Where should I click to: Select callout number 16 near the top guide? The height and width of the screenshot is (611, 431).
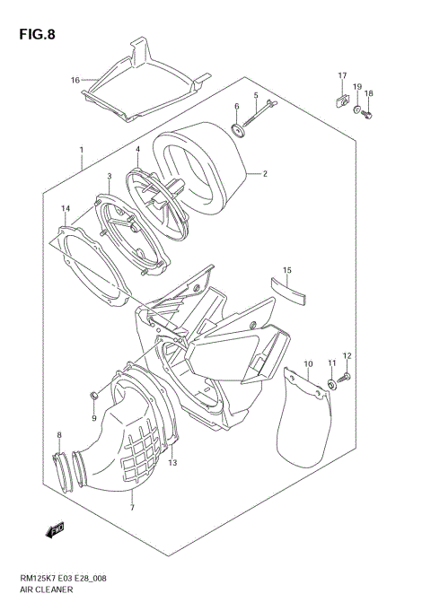[75, 80]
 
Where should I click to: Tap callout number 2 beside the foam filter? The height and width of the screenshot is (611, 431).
[265, 174]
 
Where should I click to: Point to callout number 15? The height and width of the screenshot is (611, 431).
[287, 269]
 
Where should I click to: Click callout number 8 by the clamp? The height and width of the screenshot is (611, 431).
[59, 435]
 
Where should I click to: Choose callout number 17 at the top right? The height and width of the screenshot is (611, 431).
[342, 74]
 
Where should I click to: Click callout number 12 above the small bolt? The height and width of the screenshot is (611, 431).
[347, 356]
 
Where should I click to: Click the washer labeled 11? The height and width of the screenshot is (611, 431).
[331, 385]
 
